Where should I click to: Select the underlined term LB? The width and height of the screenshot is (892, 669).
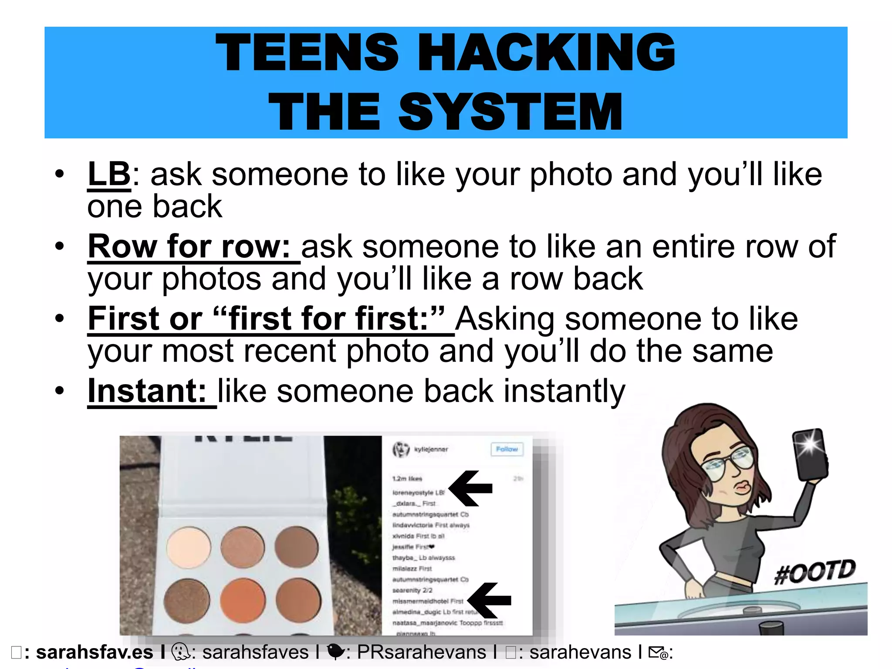pyautogui.click(x=109, y=174)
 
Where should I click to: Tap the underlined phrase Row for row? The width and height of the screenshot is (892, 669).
pyautogui.click(x=189, y=247)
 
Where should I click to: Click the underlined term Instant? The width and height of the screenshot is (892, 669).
pyautogui.click(x=147, y=391)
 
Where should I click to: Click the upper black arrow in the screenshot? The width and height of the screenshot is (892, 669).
pyautogui.click(x=470, y=488)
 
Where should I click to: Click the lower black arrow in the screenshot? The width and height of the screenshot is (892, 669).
pyautogui.click(x=489, y=600)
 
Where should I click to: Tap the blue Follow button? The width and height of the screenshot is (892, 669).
pyautogui.click(x=507, y=449)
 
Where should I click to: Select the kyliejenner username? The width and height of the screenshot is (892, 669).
pyautogui.click(x=431, y=449)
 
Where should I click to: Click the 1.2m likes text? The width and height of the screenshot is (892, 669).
pyautogui.click(x=407, y=479)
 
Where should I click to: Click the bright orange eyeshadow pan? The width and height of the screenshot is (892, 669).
pyautogui.click(x=243, y=600)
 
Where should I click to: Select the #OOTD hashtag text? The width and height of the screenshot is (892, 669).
pyautogui.click(x=815, y=572)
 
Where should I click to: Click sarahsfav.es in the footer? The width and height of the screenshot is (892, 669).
pyautogui.click(x=95, y=652)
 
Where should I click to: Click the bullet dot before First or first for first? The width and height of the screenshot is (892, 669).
pyautogui.click(x=60, y=319)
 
